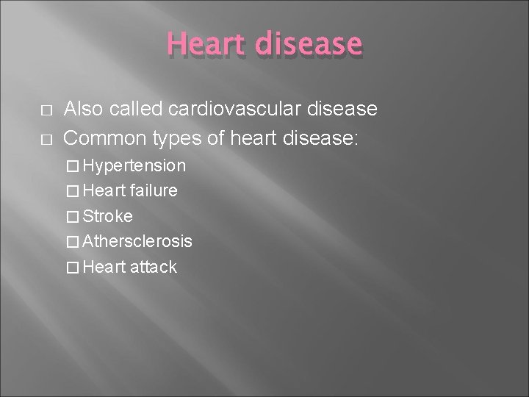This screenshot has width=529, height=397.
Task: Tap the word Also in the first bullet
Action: tap(84, 110)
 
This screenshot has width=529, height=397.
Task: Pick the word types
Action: tap(179, 136)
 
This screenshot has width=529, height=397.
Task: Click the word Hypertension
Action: tap(134, 165)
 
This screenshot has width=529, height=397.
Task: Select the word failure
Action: tap(154, 190)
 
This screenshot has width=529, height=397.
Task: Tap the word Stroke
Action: tap(108, 216)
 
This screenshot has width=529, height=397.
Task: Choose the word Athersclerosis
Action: tap(138, 241)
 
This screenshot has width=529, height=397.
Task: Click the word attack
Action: tap(154, 267)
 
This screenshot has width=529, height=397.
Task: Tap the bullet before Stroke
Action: tap(73, 217)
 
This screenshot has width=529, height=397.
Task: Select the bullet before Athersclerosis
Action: tap(73, 242)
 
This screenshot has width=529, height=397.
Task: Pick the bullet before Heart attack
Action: tap(73, 268)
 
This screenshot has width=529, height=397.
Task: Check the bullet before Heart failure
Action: tap(73, 191)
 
